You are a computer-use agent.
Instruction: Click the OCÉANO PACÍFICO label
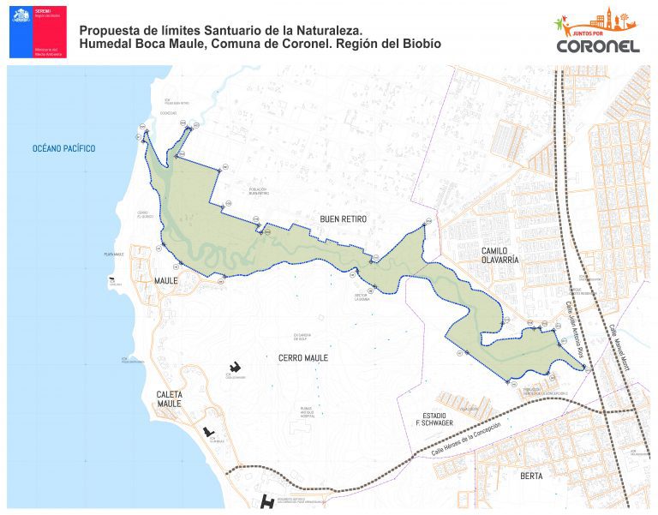(x=63, y=149)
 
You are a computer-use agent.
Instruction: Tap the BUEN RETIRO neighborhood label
(x=343, y=219)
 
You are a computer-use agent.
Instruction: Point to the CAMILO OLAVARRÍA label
(x=488, y=254)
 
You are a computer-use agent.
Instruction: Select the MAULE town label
(x=165, y=281)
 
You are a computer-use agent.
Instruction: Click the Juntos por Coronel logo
(x=596, y=33)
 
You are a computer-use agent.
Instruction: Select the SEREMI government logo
(x=38, y=32)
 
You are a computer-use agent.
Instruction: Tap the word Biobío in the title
(x=420, y=43)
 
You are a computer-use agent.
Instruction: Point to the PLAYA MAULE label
(x=114, y=255)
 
